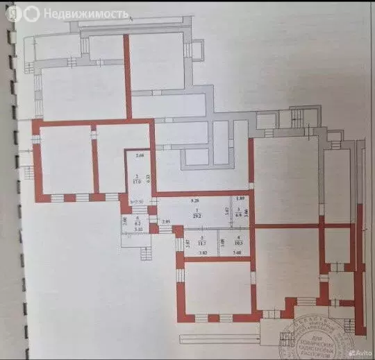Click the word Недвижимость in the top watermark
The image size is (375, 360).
(85, 13)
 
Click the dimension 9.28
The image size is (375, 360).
(196, 200)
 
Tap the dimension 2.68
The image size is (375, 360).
(139, 155)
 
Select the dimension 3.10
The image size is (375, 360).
(138, 229)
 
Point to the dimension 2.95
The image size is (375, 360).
(166, 223)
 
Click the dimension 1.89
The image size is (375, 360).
(240, 200)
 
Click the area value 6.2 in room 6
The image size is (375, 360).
(138, 223)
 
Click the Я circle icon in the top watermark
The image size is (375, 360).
(32, 13)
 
